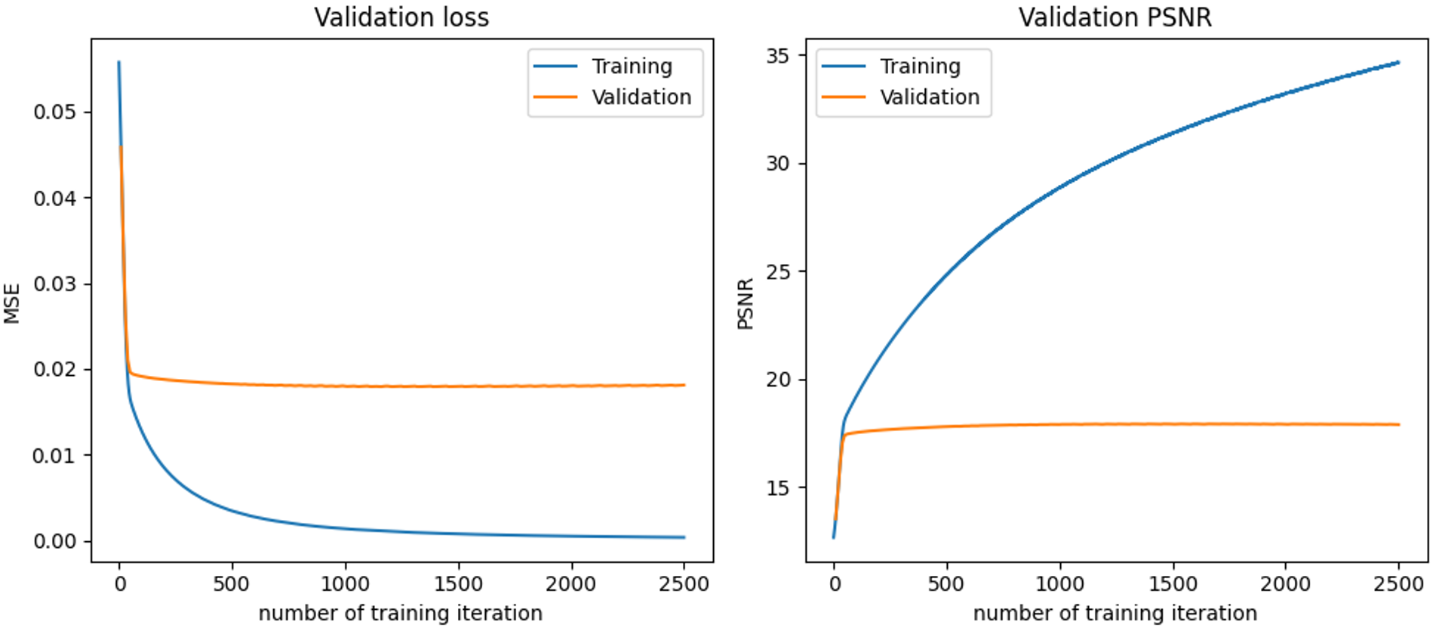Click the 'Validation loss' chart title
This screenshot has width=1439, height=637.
tap(401, 17)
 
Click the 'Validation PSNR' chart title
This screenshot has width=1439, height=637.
tap(1115, 17)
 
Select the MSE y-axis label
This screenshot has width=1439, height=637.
tap(12, 303)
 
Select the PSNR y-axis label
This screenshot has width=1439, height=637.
tap(746, 303)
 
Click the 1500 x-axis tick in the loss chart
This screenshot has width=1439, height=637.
tap(458, 584)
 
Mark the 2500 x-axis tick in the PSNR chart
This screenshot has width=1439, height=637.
tap(1398, 584)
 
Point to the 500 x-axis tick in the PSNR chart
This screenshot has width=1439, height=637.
tap(946, 584)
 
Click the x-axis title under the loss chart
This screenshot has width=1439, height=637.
tap(401, 613)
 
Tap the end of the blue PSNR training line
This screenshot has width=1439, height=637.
tap(1398, 63)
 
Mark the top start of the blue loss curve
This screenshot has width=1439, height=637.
tap(118, 63)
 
